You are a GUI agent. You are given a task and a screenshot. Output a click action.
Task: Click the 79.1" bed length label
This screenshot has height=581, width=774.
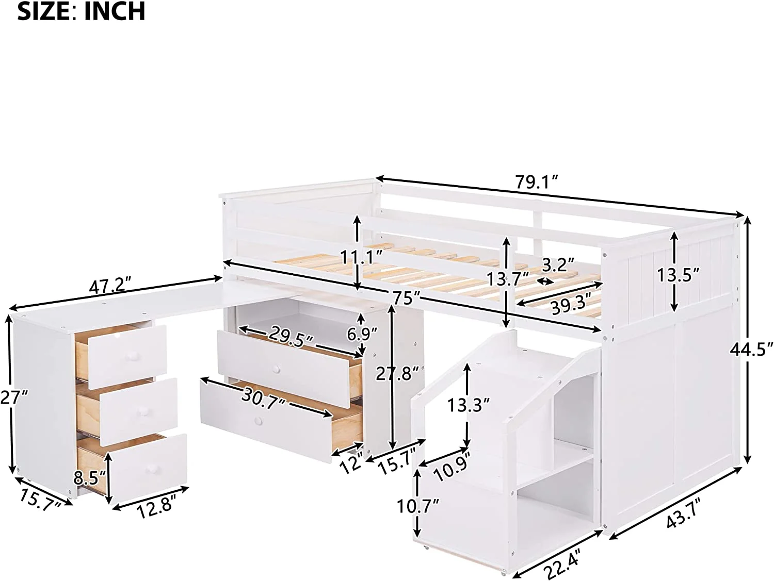(537, 181)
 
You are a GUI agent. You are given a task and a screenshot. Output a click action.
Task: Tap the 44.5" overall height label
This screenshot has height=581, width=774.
(751, 350)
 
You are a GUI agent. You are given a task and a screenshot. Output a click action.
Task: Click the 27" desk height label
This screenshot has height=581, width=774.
(14, 397)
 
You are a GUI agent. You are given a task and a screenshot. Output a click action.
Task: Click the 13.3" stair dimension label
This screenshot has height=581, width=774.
(468, 406)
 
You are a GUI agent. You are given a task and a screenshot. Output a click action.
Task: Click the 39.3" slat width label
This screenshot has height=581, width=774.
(570, 307)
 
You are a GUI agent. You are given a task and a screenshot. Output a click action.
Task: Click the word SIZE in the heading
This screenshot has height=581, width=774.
(44, 11)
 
